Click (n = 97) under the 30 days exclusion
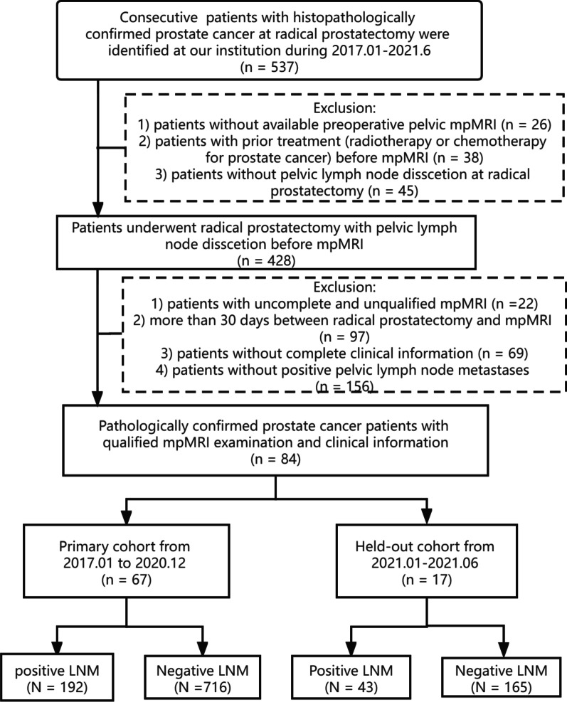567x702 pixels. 342,339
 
